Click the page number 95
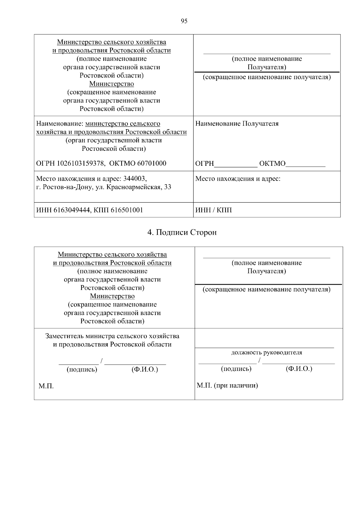(x=184, y=21)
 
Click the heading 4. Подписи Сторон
(x=182, y=233)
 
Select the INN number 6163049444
(x=72, y=210)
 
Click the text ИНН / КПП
(x=213, y=210)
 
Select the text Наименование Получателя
(x=237, y=124)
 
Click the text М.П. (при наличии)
(x=227, y=385)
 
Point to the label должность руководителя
(x=266, y=353)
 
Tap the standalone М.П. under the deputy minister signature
(x=46, y=386)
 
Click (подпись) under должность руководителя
(x=236, y=369)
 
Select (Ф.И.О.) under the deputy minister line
(x=145, y=370)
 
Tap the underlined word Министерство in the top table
(x=112, y=84)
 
